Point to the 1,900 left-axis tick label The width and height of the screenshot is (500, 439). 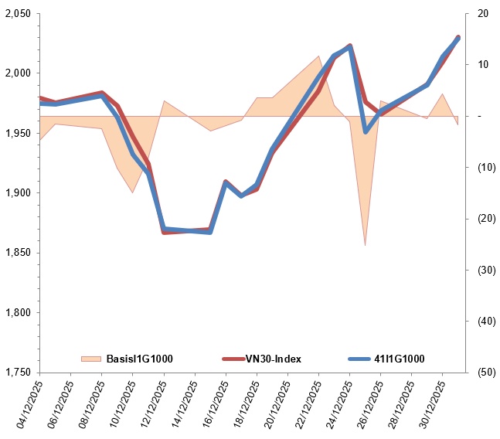click(17, 192)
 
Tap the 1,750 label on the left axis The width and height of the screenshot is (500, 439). click(17, 372)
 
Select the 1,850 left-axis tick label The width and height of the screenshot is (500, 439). click(17, 253)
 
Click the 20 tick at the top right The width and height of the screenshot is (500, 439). click(483, 14)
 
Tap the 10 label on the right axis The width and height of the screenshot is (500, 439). click(483, 65)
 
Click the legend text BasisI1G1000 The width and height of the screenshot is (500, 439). click(139, 358)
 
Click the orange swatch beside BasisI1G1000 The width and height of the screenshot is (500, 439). click(91, 358)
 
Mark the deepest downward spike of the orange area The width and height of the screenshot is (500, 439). click(365, 245)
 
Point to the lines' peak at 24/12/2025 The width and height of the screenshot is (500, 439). click(350, 46)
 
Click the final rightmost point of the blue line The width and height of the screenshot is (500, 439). click(458, 38)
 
